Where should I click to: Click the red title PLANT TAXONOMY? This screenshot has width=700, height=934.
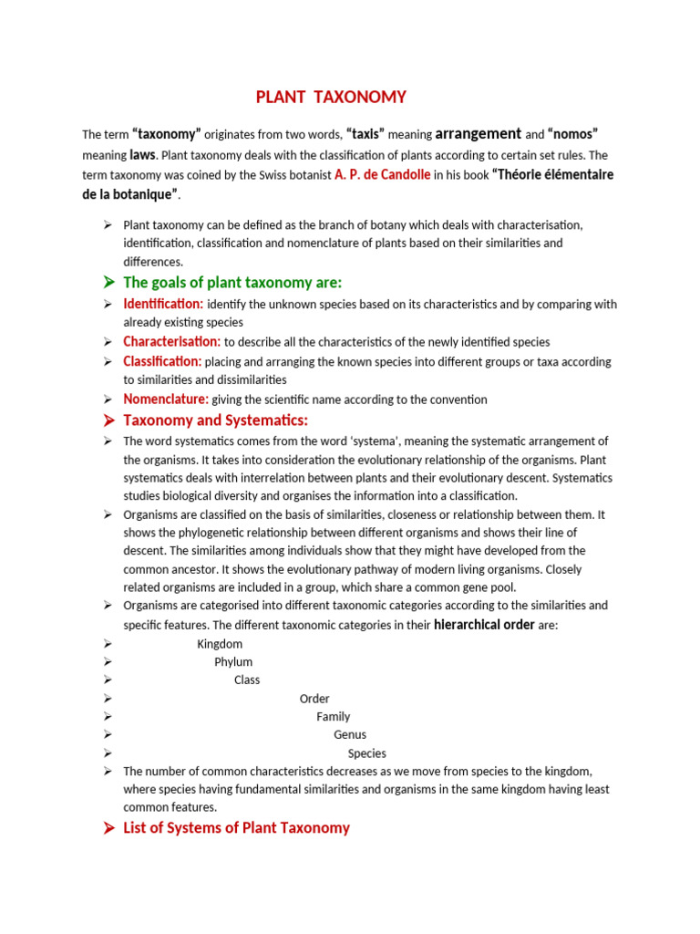330,97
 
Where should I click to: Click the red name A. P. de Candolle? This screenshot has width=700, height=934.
383,174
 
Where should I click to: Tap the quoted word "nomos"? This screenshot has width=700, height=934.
572,134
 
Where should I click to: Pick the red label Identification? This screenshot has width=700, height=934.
163,304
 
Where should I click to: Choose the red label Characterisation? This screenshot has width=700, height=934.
172,341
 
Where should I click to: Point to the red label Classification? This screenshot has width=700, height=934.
162,361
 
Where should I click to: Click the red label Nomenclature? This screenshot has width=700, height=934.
166,399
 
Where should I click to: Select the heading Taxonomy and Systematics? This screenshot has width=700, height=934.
216,420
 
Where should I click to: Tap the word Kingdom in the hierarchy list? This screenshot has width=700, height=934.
220,644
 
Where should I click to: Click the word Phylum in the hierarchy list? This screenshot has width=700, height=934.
233,662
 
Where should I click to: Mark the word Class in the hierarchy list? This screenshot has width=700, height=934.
247,680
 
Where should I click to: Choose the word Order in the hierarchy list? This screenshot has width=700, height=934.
314,699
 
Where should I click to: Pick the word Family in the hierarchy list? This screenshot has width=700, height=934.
334,717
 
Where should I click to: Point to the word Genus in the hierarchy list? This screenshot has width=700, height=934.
350,735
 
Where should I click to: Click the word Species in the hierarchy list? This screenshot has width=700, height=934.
367,753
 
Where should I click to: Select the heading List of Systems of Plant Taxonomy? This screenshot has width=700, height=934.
236,828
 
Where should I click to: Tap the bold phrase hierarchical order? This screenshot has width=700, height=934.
484,625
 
